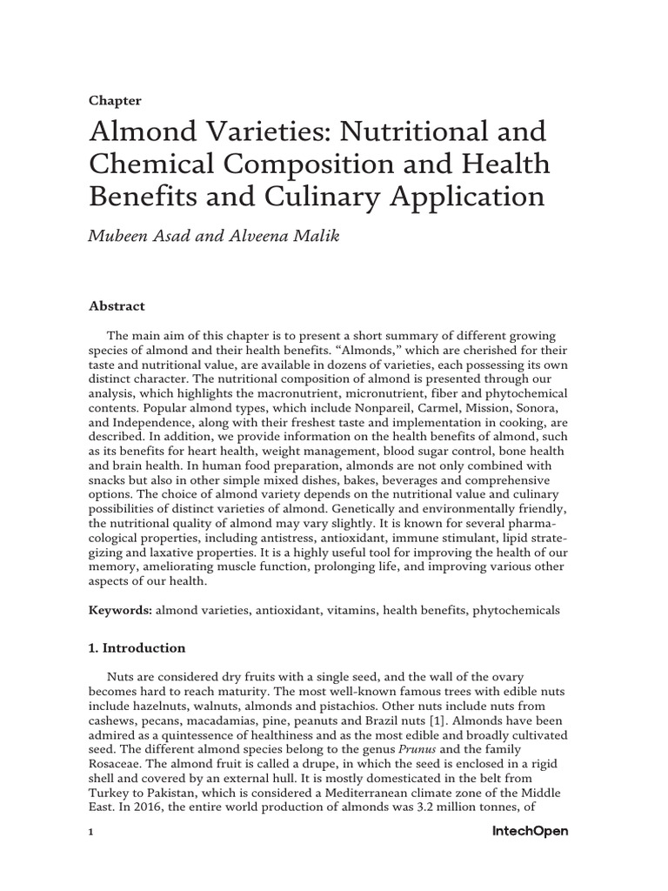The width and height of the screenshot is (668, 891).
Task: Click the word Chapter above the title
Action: [x=115, y=101]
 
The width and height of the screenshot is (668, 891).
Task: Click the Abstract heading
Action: [x=117, y=306]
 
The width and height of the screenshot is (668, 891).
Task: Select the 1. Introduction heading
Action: [x=137, y=648]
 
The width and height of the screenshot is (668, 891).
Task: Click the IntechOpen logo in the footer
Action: [x=524, y=832]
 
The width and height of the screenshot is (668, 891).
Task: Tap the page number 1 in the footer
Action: [x=90, y=833]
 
